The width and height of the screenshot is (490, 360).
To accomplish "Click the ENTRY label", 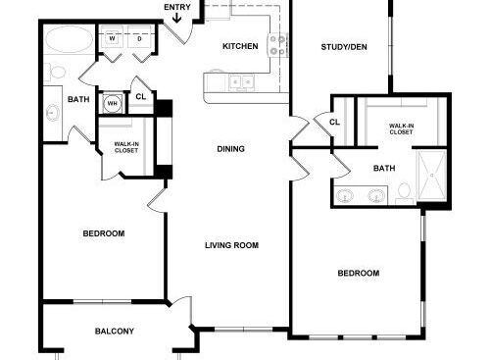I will [x=178, y=8].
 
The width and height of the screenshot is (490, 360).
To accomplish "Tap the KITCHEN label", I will [x=239, y=47].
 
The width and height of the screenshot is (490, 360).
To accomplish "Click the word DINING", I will [x=230, y=149].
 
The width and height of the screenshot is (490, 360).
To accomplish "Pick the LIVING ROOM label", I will [x=231, y=245].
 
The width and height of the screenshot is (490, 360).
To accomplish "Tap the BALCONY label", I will [x=115, y=332].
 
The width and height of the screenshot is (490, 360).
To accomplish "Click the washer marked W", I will [x=112, y=39].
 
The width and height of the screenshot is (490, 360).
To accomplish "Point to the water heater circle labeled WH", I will [x=112, y=103].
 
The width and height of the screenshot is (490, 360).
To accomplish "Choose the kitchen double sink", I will [x=241, y=82].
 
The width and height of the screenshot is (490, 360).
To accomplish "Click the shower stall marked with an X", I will [x=430, y=173].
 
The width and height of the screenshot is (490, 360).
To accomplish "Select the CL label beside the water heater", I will [x=140, y=96].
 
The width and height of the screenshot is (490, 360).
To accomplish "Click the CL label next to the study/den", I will [x=334, y=122].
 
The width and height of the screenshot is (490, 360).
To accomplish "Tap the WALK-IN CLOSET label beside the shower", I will [x=400, y=129].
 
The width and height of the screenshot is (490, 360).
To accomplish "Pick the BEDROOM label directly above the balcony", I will [x=103, y=233].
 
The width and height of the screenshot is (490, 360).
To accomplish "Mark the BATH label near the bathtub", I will [x=77, y=99].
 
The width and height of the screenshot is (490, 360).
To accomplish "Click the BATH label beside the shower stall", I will [x=384, y=168].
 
